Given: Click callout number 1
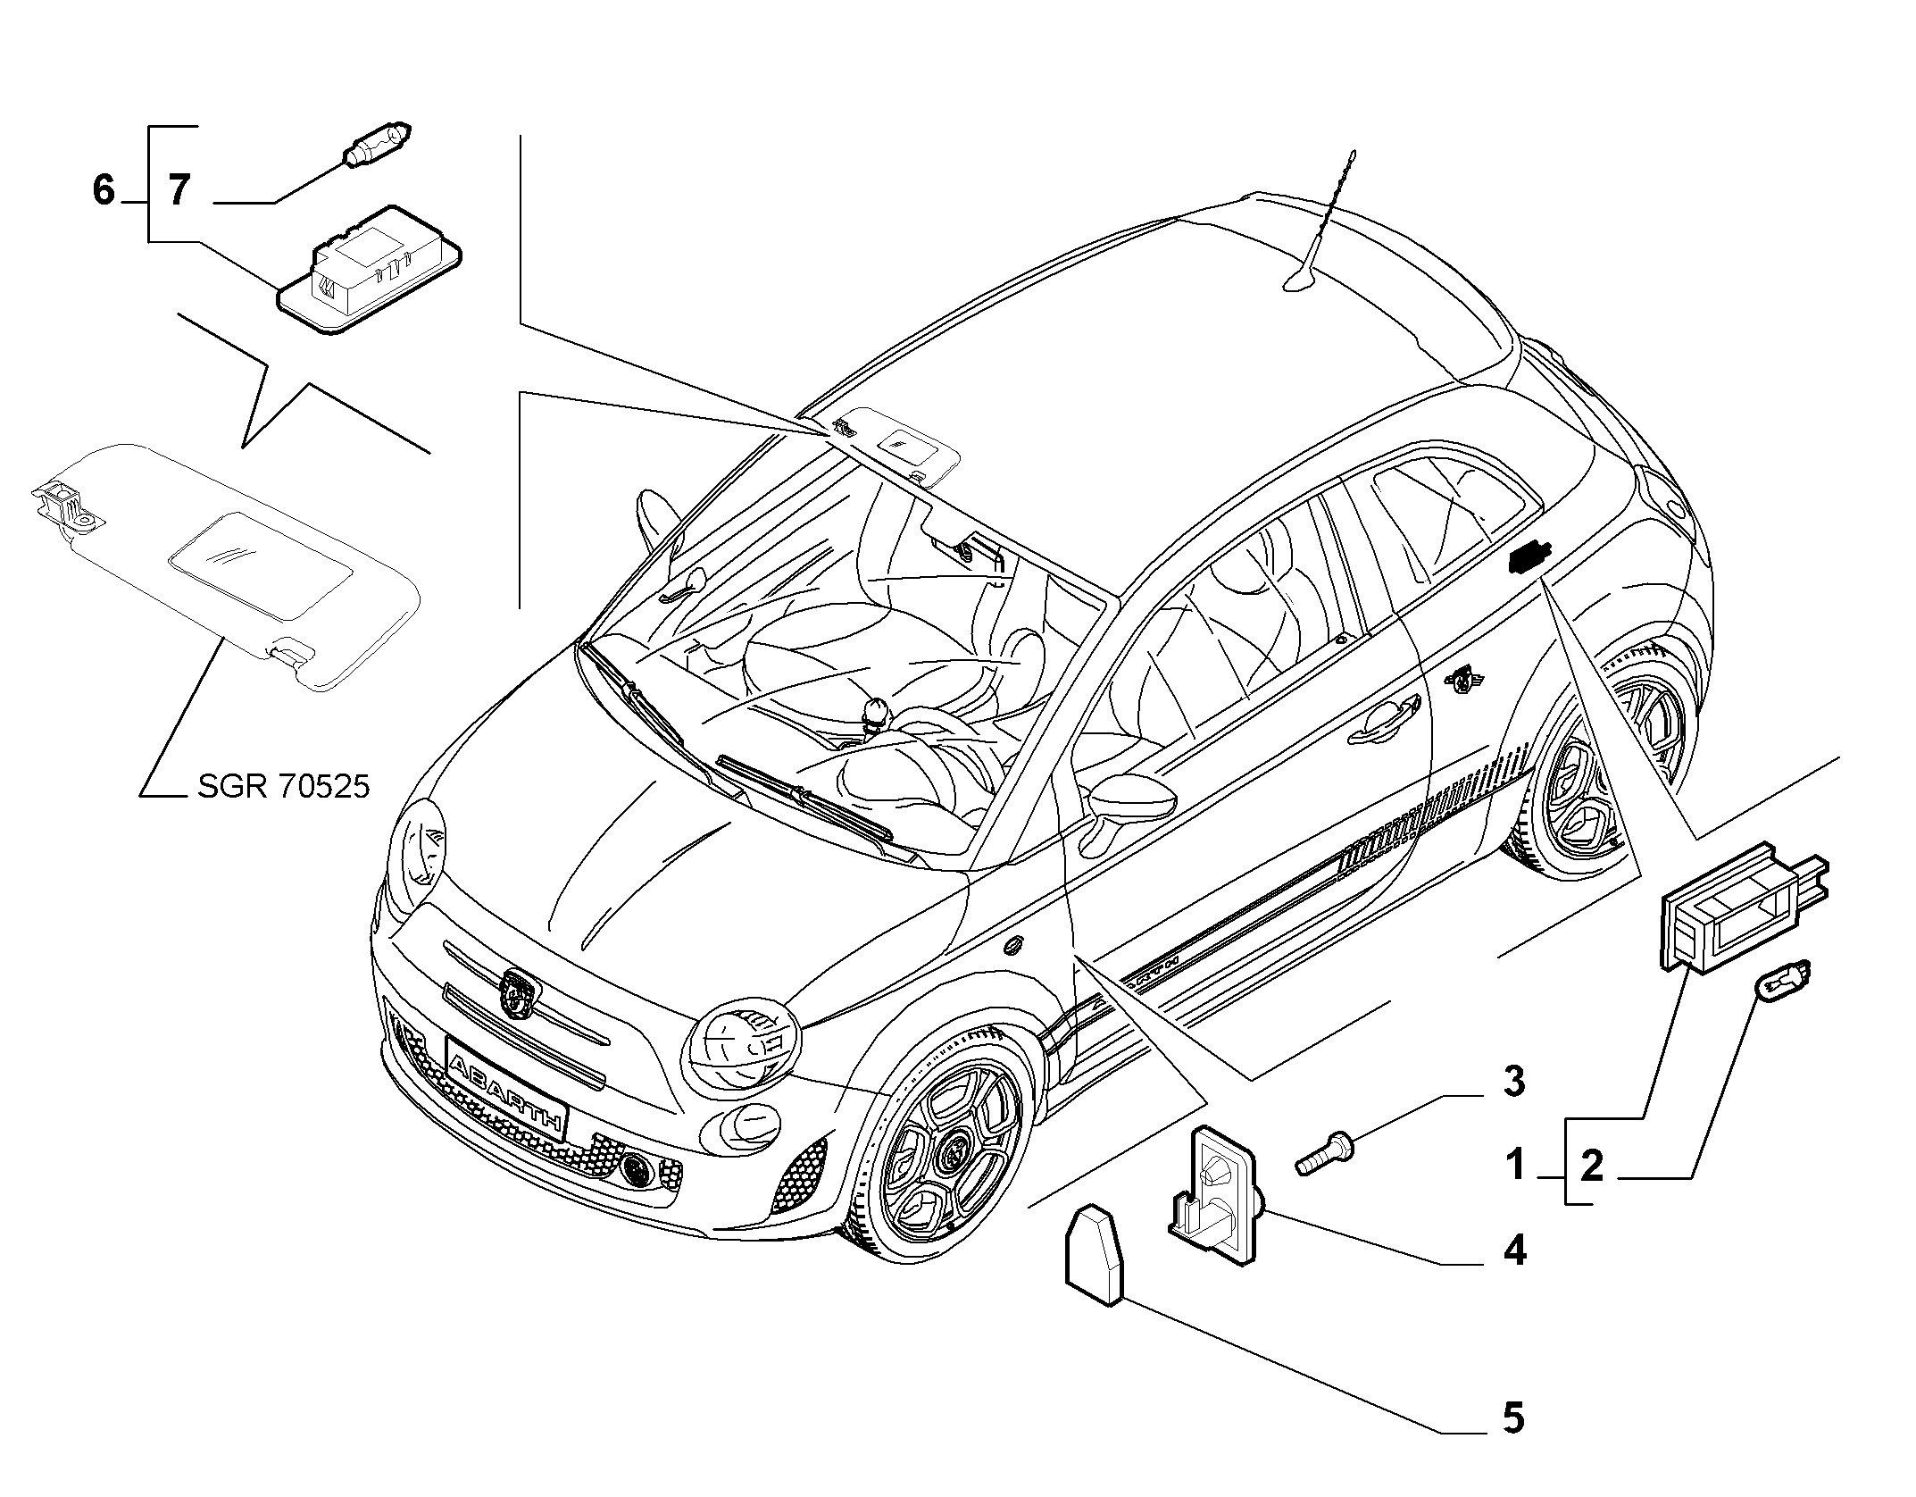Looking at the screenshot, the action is [x=1515, y=1165].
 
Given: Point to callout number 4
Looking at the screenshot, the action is [x=1514, y=1250].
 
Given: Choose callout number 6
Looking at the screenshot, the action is [x=104, y=189].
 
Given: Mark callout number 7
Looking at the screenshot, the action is [x=179, y=190].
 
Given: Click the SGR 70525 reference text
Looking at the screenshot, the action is [x=282, y=786].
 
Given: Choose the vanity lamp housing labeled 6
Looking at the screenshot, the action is [x=372, y=268].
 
